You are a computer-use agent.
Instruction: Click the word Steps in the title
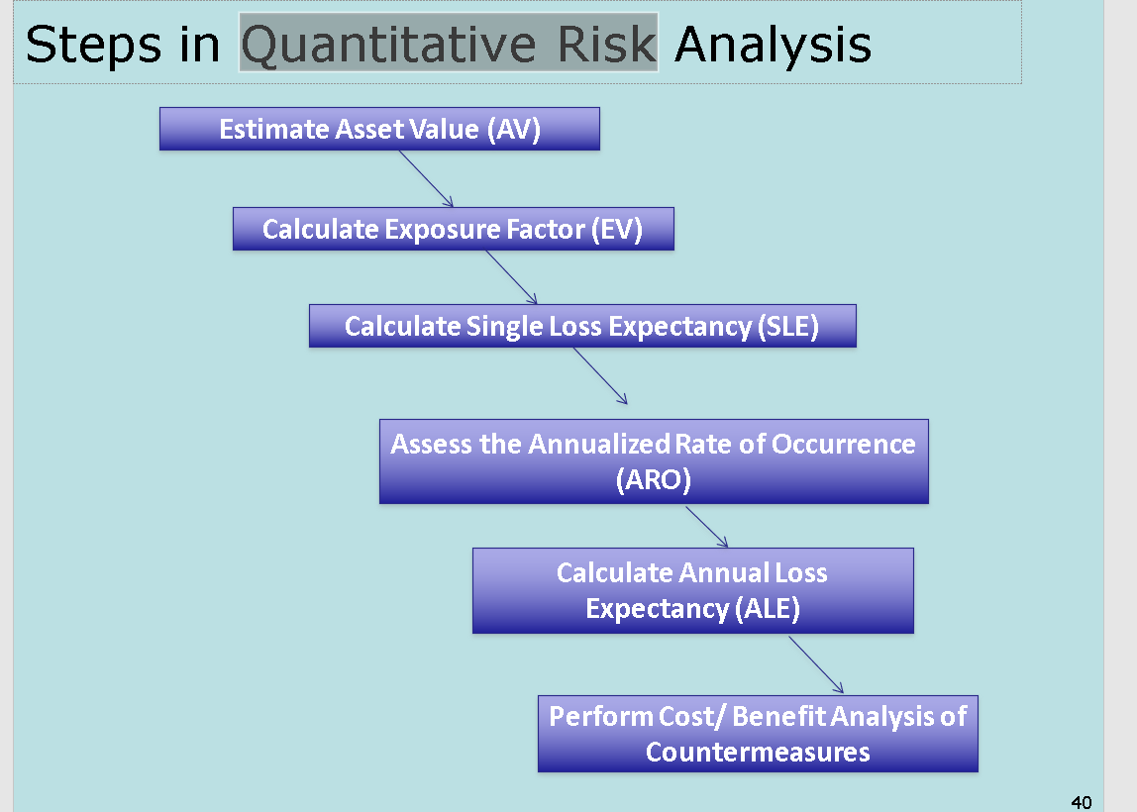point(93,45)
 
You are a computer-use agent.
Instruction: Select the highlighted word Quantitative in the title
point(388,45)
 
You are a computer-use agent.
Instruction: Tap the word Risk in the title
point(607,45)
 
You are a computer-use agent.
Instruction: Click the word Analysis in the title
point(773,45)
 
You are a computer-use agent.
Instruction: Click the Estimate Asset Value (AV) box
point(379,129)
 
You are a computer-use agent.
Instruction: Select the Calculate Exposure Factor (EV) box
point(454,229)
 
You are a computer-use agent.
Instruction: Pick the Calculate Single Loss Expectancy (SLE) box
point(582,326)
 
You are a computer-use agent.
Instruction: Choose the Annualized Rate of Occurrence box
point(654,461)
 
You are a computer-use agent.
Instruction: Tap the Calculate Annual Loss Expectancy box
point(692,591)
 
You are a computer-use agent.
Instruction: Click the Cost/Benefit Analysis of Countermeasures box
point(758,734)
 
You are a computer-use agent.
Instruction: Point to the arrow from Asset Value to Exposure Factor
point(426,179)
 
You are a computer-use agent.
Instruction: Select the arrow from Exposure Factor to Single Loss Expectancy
point(512,277)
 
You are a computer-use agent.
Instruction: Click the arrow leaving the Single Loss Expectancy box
point(600,376)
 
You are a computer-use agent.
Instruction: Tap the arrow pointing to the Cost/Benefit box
point(816,665)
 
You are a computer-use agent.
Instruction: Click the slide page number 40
point(1082,802)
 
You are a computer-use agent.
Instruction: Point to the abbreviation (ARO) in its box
point(654,480)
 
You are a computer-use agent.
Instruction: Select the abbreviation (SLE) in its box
point(788,326)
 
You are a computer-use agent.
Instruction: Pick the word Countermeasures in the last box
point(758,752)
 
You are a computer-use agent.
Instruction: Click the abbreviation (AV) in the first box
point(513,129)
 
